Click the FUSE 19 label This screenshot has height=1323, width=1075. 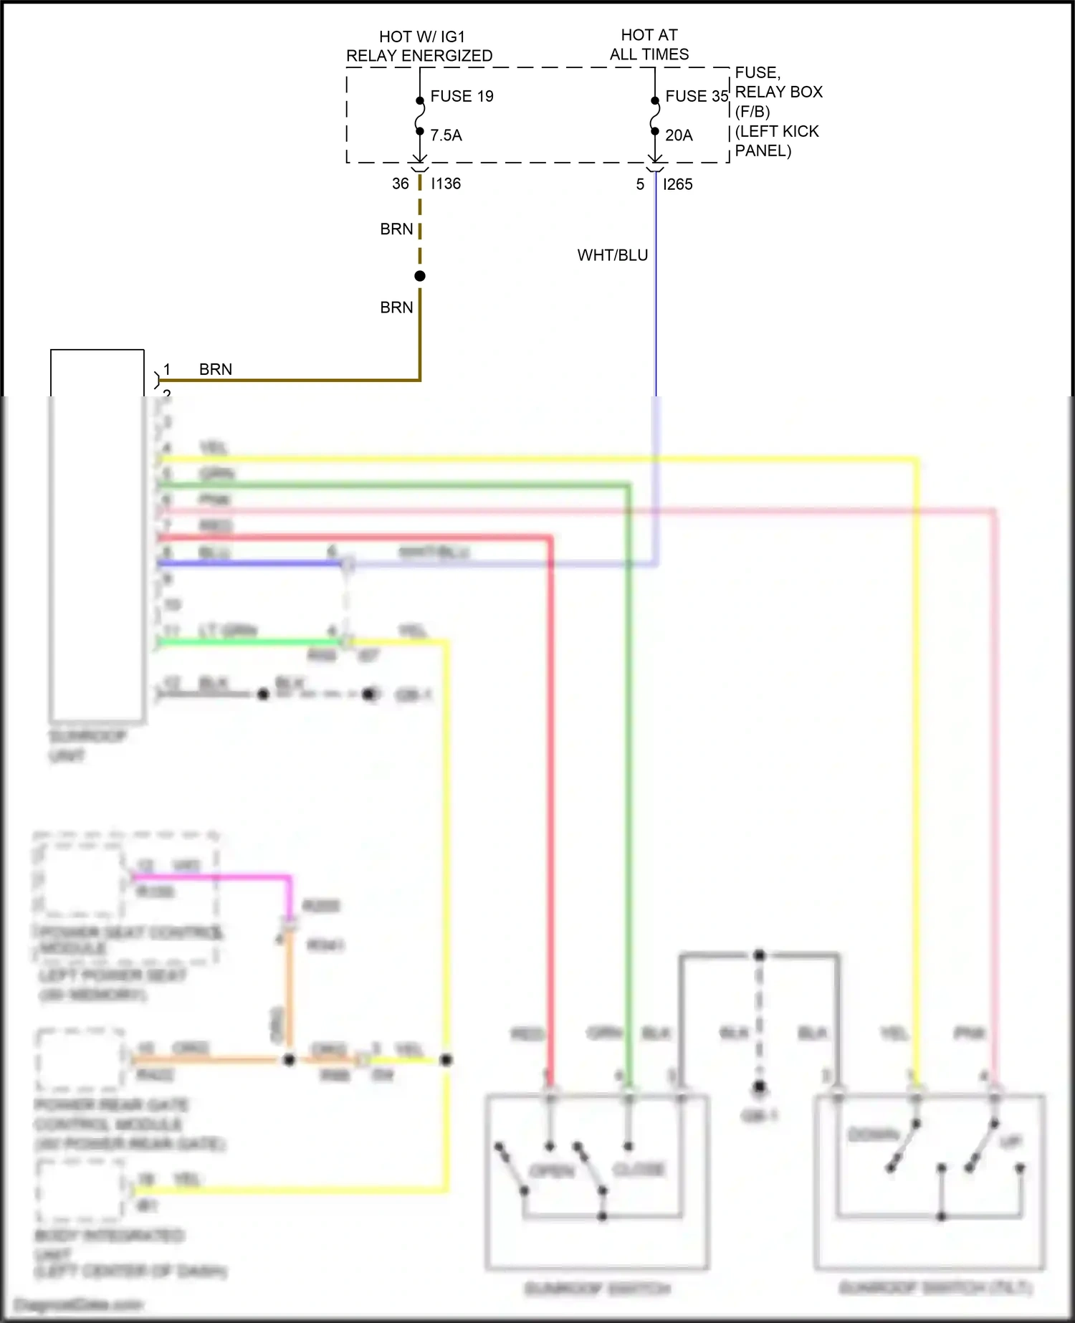tap(462, 96)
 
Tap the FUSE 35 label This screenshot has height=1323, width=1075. tap(696, 96)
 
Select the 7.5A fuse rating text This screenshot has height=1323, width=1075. tap(446, 135)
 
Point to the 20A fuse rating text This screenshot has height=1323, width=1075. tap(679, 135)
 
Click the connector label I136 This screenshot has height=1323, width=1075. tap(446, 183)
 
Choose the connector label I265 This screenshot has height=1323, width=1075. tap(677, 184)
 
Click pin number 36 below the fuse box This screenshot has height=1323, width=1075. tap(400, 183)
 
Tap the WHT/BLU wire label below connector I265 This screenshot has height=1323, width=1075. tap(612, 255)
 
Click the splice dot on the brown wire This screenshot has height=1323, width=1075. tap(420, 276)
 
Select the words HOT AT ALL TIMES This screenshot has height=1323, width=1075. tap(649, 44)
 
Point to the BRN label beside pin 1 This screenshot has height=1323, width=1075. tap(216, 369)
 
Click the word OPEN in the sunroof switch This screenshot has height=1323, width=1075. tap(551, 1171)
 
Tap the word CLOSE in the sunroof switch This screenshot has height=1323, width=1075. tap(639, 1169)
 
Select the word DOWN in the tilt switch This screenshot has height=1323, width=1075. tap(873, 1135)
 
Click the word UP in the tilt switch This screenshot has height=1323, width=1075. tap(1010, 1141)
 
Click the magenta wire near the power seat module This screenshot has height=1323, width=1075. tap(215, 877)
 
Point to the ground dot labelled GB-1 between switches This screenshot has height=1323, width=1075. tap(760, 1086)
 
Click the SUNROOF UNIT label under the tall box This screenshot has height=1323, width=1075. tap(87, 746)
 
